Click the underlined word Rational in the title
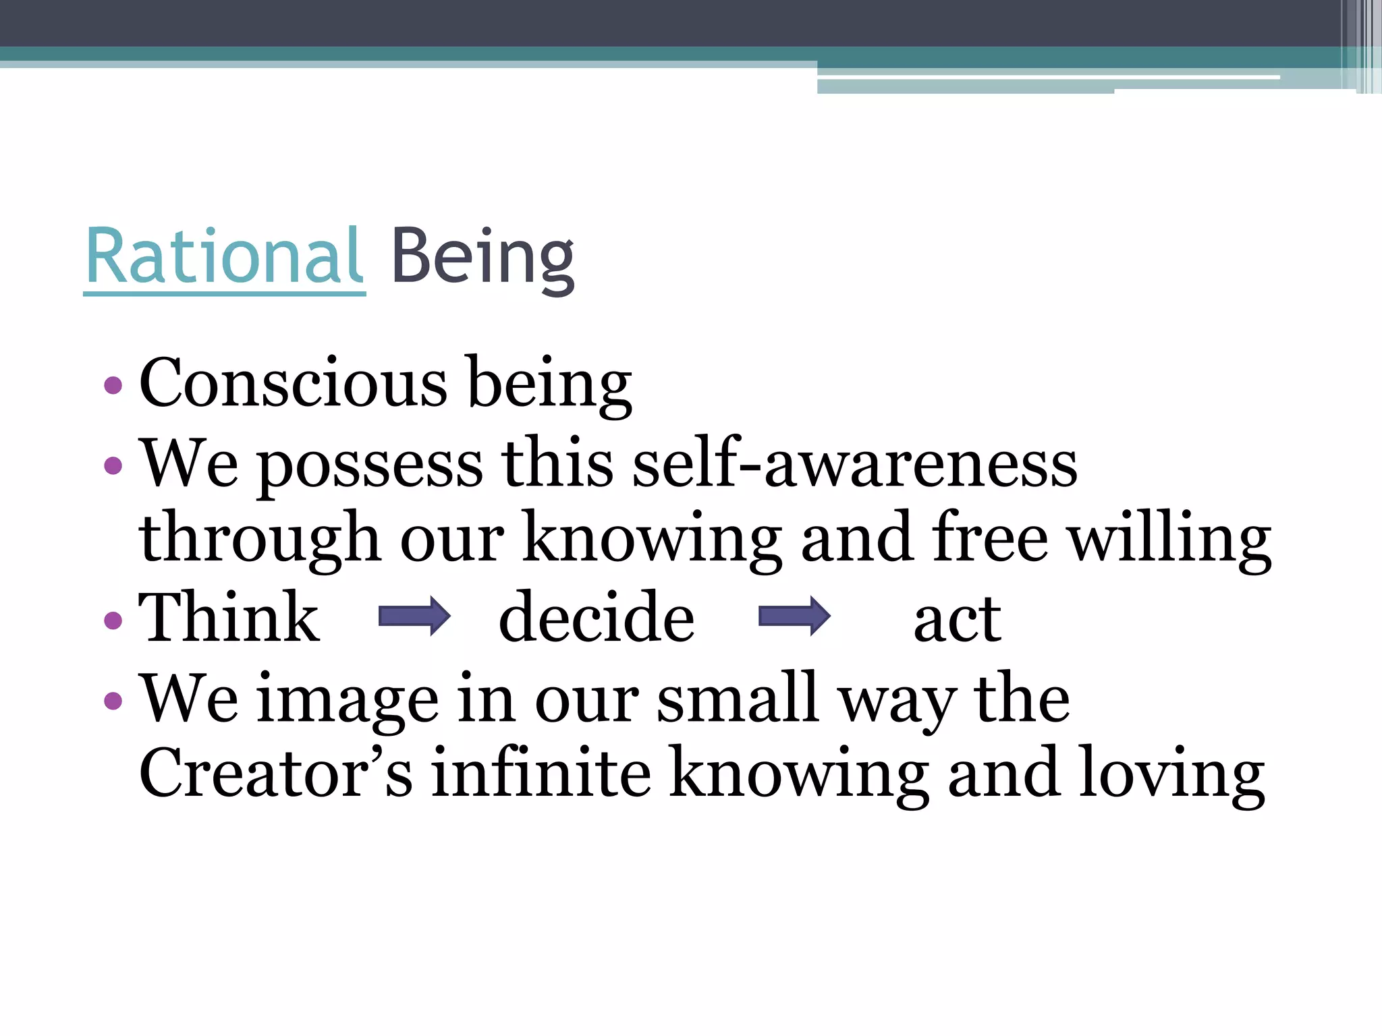[x=224, y=257]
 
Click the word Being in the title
[x=482, y=258]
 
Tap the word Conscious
[x=293, y=382]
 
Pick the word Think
[x=229, y=616]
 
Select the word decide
[x=597, y=616]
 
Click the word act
[x=957, y=619]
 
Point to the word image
[x=348, y=700]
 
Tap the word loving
[x=1171, y=774]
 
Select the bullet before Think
[x=113, y=620]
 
